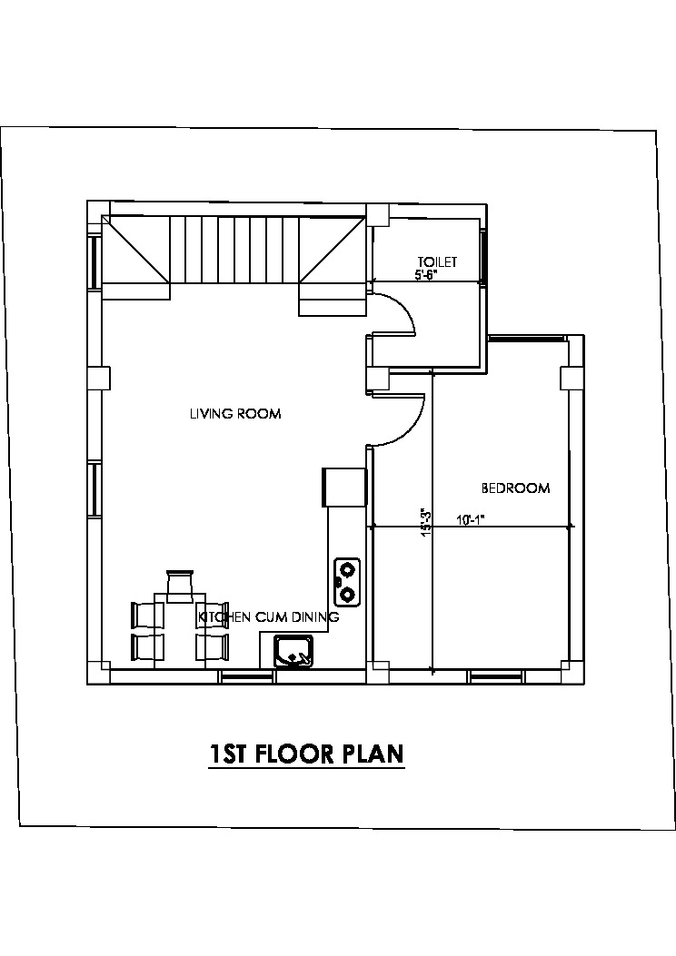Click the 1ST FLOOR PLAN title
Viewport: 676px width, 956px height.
click(x=306, y=754)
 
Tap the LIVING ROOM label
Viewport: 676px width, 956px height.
click(x=235, y=414)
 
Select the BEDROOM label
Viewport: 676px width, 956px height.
click(x=515, y=488)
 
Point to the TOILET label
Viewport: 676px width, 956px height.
click(x=437, y=261)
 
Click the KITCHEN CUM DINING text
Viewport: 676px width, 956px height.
click(x=268, y=617)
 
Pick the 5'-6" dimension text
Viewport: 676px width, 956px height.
click(x=426, y=275)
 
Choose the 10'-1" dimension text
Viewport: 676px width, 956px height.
click(x=471, y=520)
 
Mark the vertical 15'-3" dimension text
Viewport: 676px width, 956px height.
click(x=426, y=523)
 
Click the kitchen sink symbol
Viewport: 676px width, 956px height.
click(x=293, y=652)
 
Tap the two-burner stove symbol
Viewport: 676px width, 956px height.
click(x=346, y=581)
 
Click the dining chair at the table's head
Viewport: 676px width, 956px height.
click(x=181, y=582)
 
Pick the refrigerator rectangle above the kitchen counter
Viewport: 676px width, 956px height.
click(x=344, y=488)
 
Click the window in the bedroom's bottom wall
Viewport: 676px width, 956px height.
click(x=497, y=676)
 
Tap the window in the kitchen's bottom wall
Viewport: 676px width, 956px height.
click(x=246, y=676)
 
